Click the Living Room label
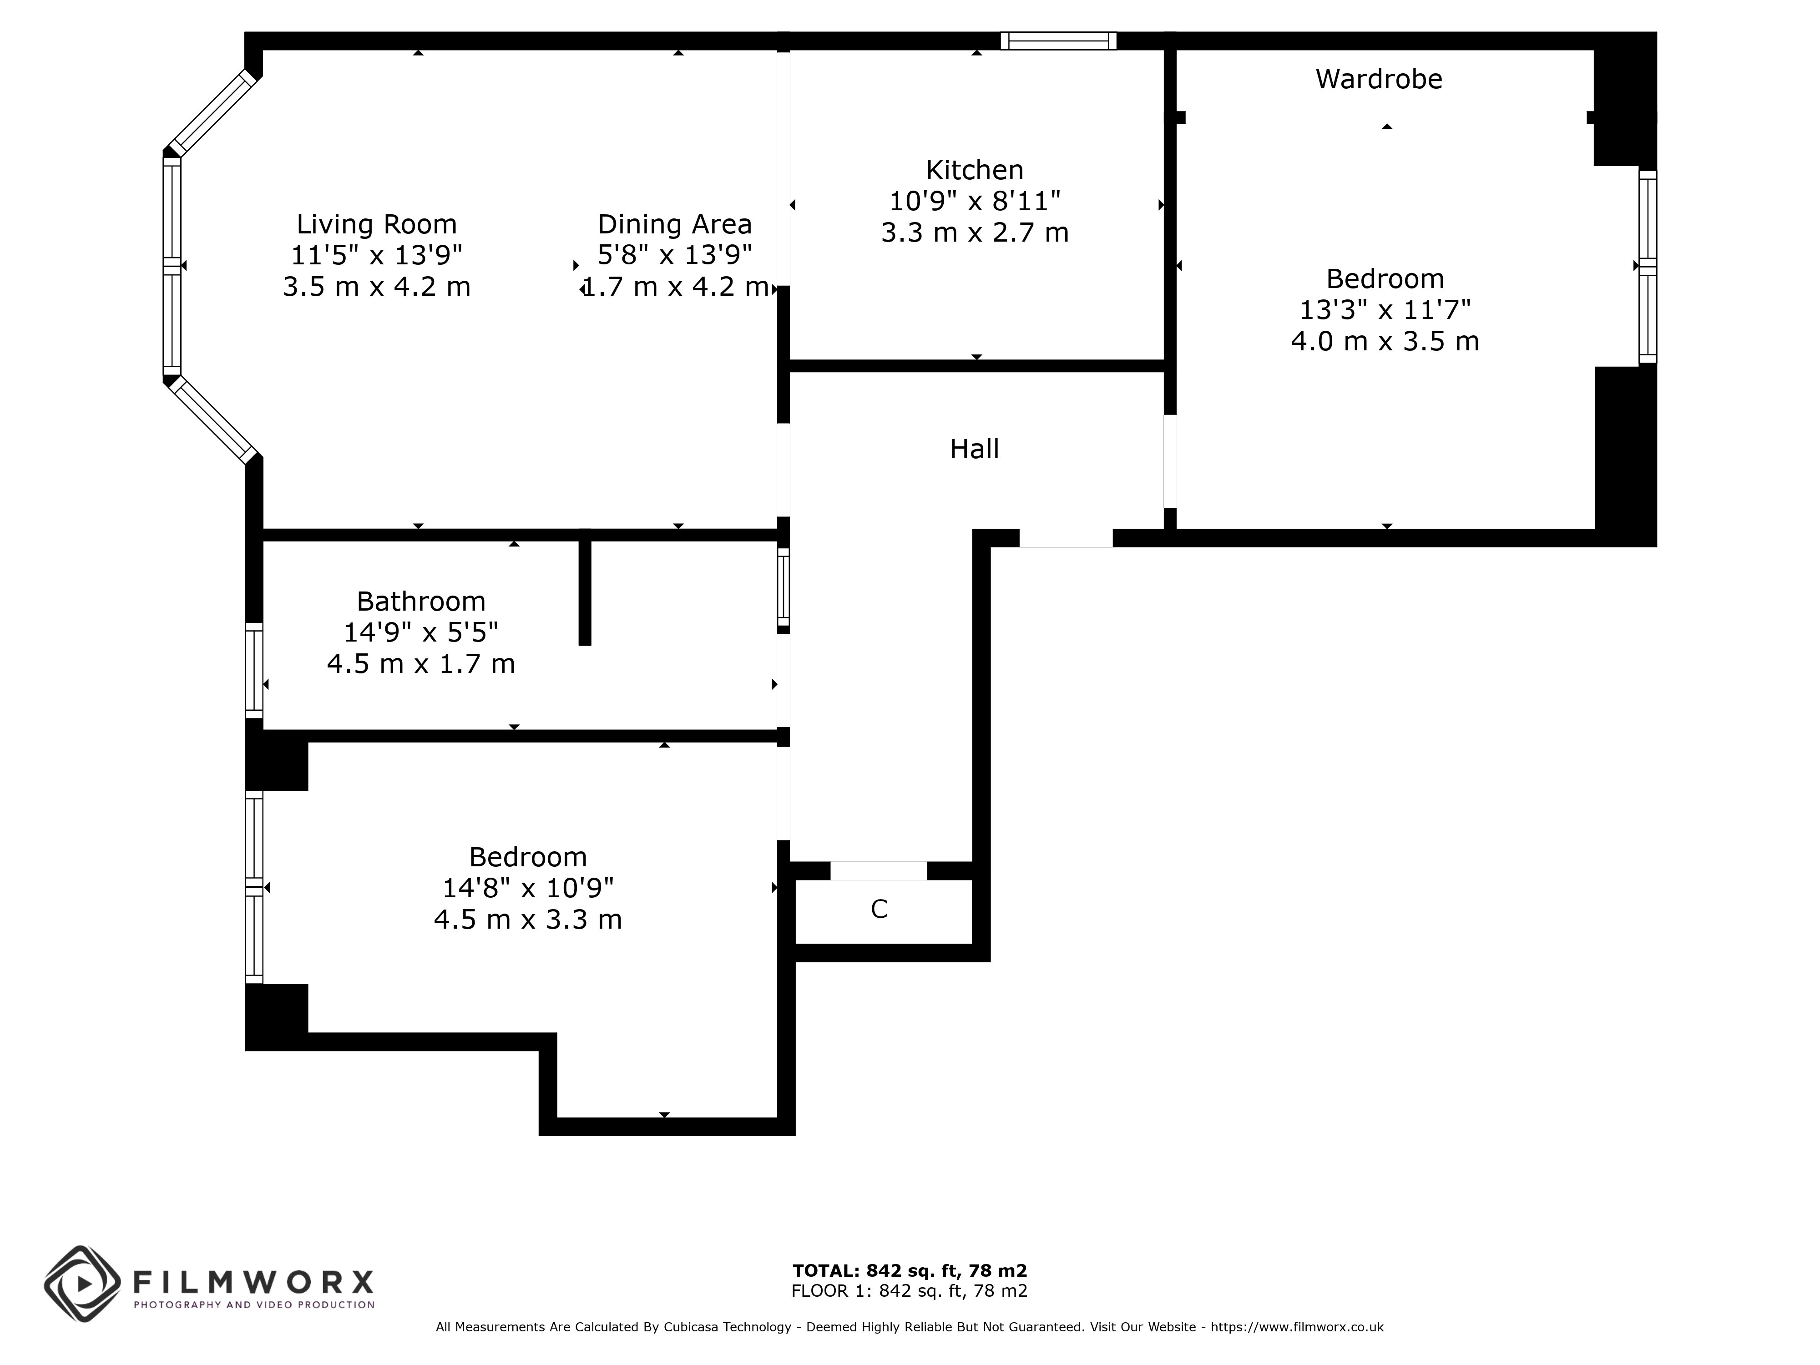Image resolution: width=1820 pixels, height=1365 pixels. [377, 224]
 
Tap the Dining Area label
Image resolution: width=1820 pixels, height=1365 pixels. [675, 224]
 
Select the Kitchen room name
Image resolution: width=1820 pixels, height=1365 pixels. [975, 170]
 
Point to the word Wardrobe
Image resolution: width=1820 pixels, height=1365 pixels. [1379, 79]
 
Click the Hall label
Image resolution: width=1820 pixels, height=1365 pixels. [975, 449]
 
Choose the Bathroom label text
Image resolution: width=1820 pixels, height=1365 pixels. [421, 601]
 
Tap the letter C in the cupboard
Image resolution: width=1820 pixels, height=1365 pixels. [879, 909]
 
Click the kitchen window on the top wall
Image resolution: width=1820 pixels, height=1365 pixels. [1059, 41]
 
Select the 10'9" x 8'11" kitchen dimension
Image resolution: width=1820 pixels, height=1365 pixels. [975, 201]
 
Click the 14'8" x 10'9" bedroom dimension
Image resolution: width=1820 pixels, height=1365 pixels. [528, 888]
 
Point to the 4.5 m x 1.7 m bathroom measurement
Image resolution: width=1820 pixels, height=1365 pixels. [421, 663]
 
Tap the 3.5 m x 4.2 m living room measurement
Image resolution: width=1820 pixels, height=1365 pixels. [377, 286]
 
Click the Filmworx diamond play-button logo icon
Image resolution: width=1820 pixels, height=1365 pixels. [83, 1284]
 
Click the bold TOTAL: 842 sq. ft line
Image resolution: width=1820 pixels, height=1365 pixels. [910, 1270]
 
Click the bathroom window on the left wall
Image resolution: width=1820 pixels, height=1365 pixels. [254, 671]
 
